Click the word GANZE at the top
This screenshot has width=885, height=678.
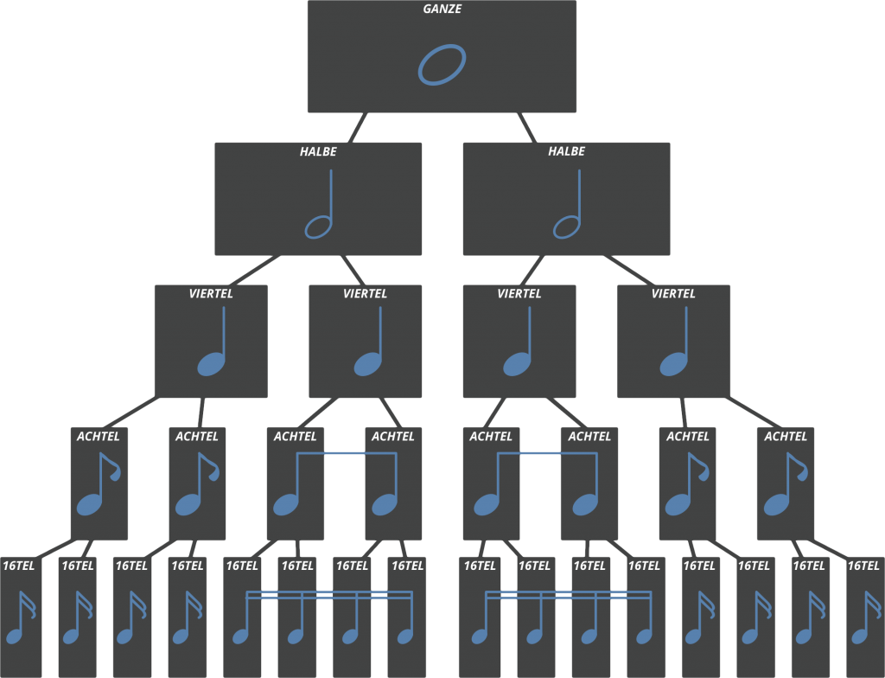442,9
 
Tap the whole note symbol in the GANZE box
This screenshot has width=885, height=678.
442,65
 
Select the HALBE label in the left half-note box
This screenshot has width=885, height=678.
318,151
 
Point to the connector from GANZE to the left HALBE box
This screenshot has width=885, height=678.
357,127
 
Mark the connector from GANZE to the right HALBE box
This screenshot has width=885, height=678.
526,127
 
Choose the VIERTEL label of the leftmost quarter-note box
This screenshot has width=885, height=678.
211,294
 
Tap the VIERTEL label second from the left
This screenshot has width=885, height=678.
365,294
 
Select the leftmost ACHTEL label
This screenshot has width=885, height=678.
99,437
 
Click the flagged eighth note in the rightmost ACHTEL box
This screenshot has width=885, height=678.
786,484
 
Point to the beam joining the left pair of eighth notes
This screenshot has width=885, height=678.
347,453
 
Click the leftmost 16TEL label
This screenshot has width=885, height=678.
19,566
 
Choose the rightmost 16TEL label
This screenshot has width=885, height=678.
863,566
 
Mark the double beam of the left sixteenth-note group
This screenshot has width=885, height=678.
329,595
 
